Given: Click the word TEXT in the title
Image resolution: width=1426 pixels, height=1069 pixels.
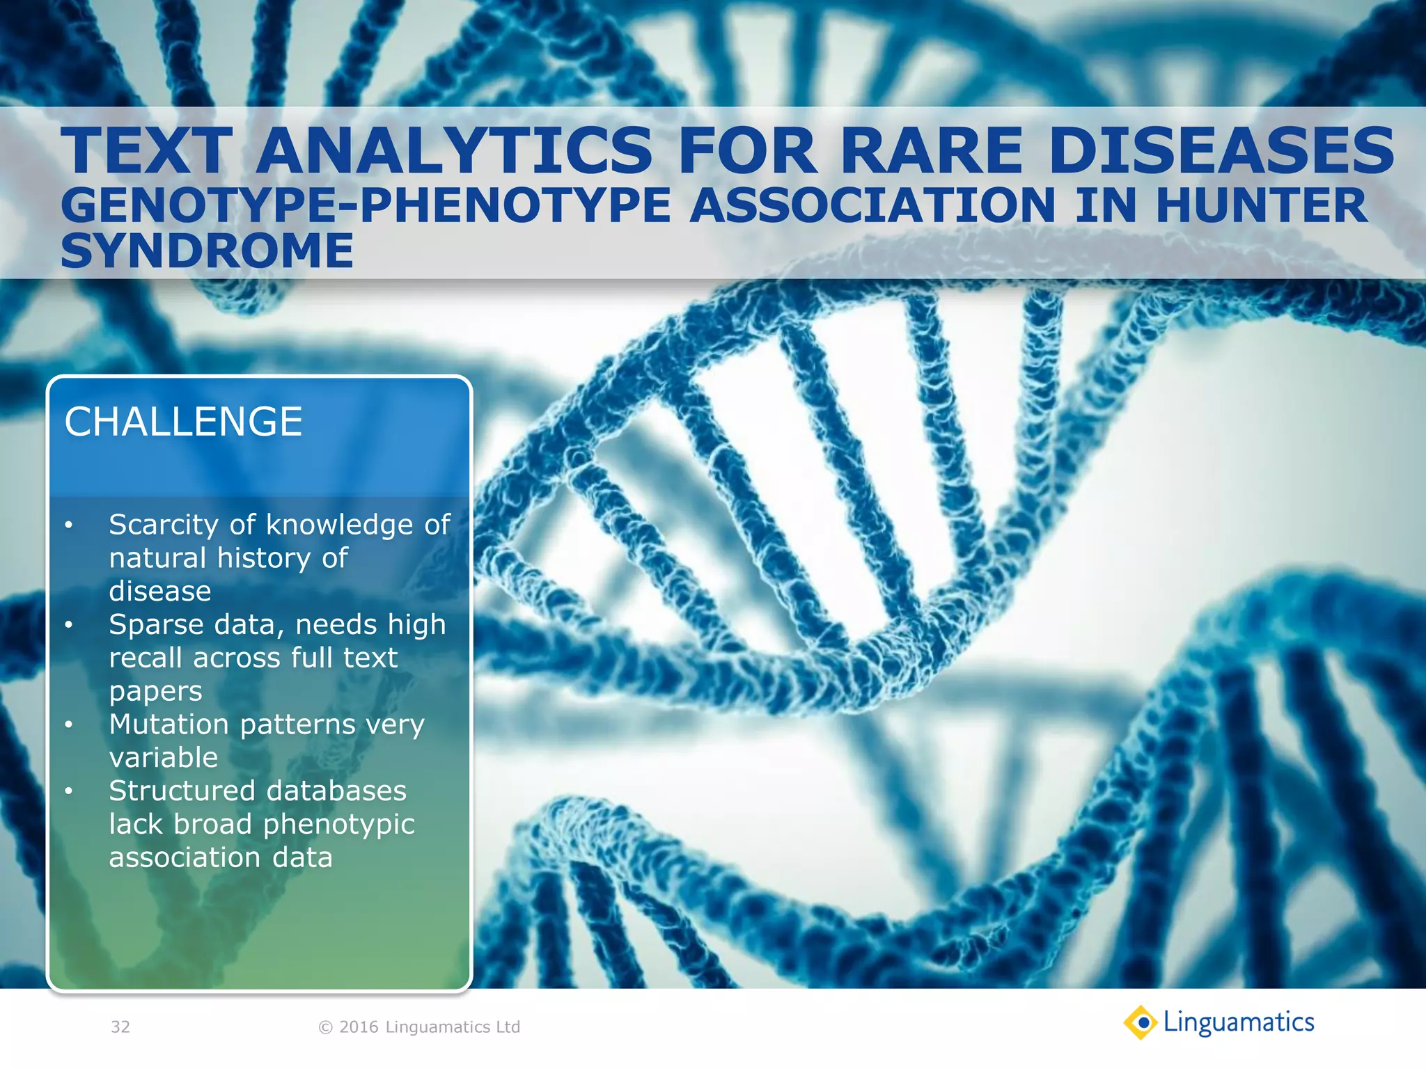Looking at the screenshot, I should [146, 151].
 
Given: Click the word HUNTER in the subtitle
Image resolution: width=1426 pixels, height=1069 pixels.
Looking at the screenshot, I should [1262, 206].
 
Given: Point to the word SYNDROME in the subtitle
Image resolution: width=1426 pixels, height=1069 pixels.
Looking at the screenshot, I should [207, 251].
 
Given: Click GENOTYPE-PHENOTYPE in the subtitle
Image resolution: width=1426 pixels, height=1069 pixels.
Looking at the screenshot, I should [366, 206].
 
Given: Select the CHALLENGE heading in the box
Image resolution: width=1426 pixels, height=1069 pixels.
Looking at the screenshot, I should [183, 422].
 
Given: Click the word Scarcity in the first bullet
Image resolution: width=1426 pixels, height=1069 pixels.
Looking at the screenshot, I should [164, 525].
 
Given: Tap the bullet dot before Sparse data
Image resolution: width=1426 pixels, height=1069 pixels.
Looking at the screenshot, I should [68, 625].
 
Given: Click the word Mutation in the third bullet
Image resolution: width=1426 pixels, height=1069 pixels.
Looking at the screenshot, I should [169, 724].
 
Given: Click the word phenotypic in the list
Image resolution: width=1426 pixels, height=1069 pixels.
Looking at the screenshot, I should [338, 825].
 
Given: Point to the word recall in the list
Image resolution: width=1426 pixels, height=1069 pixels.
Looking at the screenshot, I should [146, 658].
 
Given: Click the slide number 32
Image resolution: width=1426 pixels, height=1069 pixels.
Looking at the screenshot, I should [120, 1027].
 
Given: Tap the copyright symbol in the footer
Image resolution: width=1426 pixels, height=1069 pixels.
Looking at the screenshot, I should [325, 1027].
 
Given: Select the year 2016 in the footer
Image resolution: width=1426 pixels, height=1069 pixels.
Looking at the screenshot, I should [359, 1027].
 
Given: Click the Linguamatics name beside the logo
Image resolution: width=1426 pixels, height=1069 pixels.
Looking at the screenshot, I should [1239, 1022].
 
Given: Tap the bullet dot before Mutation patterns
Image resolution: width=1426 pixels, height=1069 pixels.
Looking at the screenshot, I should [68, 725].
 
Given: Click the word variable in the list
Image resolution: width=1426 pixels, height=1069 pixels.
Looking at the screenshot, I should [164, 758].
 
